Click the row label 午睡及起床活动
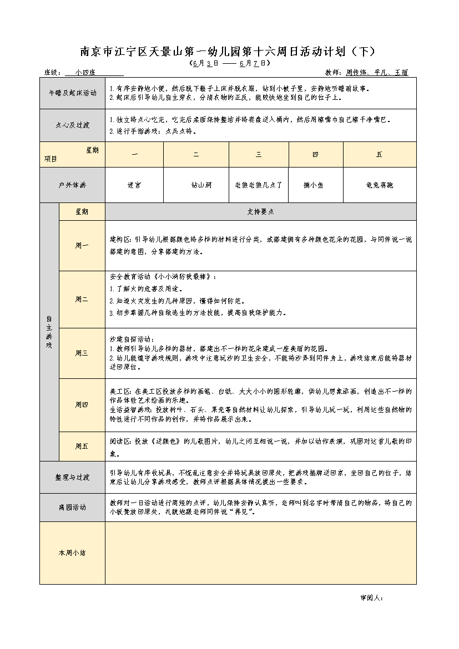click(72, 93)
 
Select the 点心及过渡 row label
click(72, 125)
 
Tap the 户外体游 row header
click(72, 185)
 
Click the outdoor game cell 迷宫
click(134, 185)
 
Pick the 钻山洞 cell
click(196, 185)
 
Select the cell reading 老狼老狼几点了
click(259, 185)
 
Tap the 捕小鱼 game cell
click(315, 185)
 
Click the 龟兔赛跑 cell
click(380, 185)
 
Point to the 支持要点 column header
click(260, 211)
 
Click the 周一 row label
click(82, 245)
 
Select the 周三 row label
click(82, 353)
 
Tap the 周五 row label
click(82, 445)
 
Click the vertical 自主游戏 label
click(49, 332)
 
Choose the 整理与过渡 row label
click(72, 478)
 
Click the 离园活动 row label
click(72, 507)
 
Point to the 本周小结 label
click(72, 552)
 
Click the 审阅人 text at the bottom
click(371, 598)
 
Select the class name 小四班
click(85, 73)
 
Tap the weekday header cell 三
click(259, 154)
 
